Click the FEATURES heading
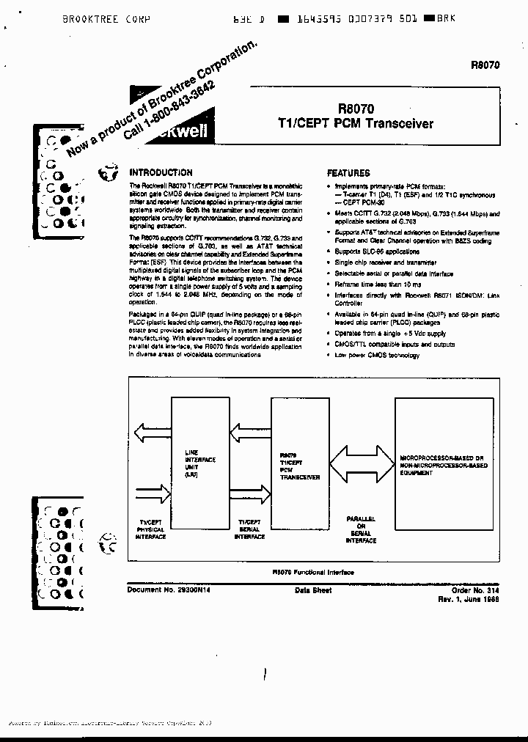click(x=348, y=173)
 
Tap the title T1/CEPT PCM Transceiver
click(x=355, y=123)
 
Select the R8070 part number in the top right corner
click(x=485, y=65)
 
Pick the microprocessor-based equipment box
click(x=444, y=466)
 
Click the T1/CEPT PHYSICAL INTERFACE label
click(x=151, y=529)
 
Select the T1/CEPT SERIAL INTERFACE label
click(x=249, y=529)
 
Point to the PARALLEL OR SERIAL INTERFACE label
click(x=360, y=529)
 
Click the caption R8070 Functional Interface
click(x=312, y=572)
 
